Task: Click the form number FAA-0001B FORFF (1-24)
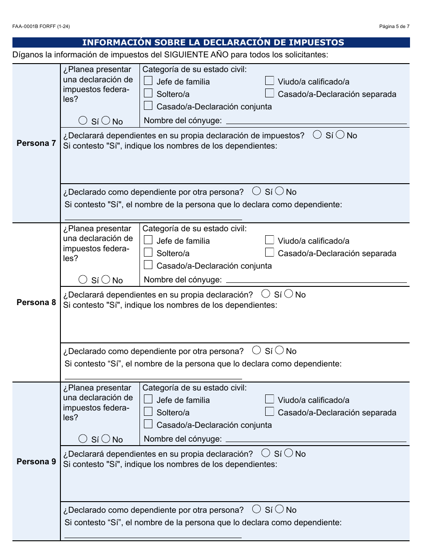41,27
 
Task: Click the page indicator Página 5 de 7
394,27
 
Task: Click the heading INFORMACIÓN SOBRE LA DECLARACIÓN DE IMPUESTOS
213,43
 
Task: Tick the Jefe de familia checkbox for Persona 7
148,81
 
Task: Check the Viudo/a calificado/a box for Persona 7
269,81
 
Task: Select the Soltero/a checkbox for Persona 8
148,253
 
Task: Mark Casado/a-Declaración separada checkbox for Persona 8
269,253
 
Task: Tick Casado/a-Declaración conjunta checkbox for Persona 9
148,424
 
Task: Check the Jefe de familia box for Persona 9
148,399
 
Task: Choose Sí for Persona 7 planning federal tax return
83,121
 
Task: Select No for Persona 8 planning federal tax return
106,280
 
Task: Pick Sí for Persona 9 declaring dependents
266,453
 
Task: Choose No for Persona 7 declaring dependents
340,135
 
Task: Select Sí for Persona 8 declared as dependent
257,350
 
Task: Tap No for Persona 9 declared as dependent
280,510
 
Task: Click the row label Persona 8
36,302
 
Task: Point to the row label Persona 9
36,462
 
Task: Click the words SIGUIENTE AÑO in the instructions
194,55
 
